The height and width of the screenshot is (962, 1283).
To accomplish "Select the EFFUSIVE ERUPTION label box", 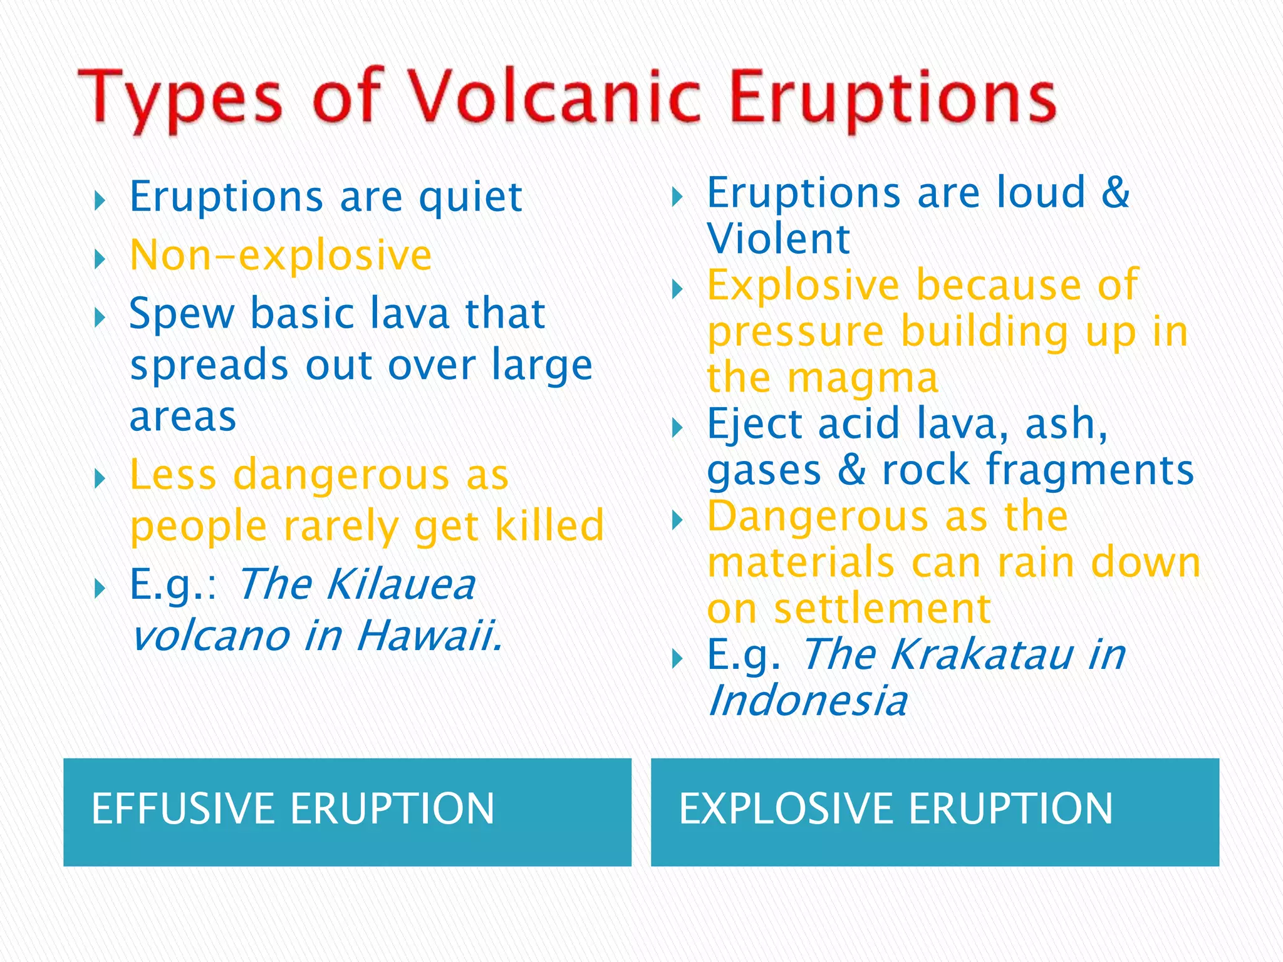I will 347,812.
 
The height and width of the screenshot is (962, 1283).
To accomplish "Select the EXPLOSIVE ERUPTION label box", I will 935,812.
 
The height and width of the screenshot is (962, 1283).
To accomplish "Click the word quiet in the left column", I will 470,198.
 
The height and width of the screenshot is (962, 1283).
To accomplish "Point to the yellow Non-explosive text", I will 281,256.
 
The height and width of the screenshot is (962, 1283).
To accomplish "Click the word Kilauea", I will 401,585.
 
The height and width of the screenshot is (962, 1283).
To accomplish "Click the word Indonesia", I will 808,701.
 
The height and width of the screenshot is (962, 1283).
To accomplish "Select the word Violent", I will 778,239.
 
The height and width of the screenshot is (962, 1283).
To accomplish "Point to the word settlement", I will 882,609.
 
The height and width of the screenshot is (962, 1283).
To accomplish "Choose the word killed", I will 549,526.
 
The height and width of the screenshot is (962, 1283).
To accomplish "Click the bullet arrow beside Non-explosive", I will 99,259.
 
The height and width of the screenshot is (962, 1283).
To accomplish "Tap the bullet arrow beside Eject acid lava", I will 677,428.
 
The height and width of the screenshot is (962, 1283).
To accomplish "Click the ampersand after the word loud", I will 1115,193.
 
